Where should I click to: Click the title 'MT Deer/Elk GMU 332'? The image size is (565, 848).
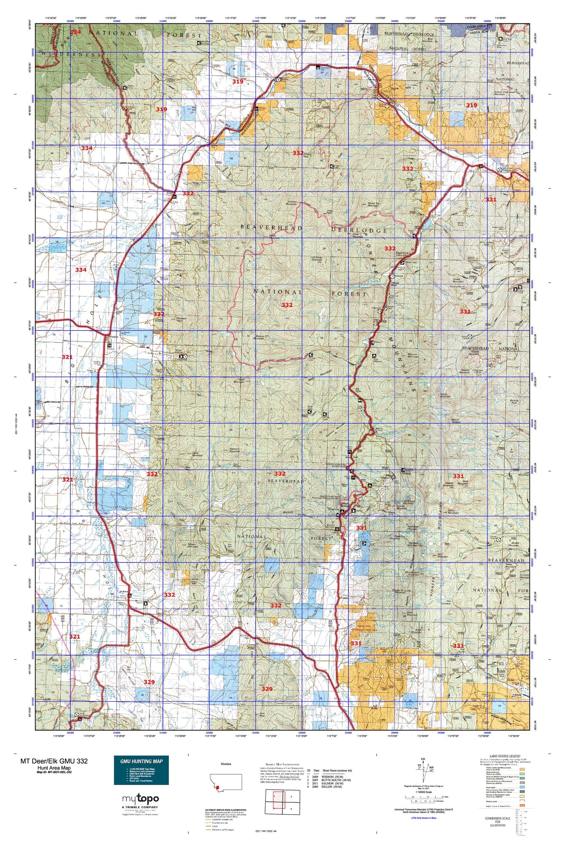[54, 761]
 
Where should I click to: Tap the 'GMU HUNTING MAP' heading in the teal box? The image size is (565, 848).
[141, 761]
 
